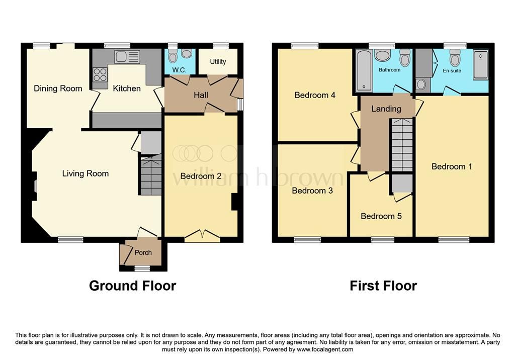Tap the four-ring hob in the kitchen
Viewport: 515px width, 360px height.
pos(100,74)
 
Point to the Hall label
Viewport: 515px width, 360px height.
pos(201,95)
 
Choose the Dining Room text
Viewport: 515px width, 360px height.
pos(58,88)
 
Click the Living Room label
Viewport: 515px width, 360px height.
pos(85,173)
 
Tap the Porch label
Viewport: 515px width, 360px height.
pos(143,252)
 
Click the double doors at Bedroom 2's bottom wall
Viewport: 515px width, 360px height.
pos(202,235)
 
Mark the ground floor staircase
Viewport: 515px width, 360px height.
pos(150,176)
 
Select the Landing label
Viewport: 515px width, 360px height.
pos(386,109)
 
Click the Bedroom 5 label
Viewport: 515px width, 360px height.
pos(381,216)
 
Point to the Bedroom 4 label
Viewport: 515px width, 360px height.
pos(315,95)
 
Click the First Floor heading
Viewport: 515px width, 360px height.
pos(383,286)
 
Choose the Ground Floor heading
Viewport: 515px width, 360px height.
pos(132,286)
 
